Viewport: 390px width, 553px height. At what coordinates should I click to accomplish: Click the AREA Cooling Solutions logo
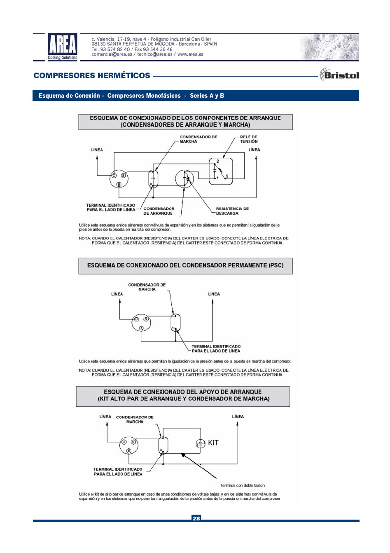[62, 47]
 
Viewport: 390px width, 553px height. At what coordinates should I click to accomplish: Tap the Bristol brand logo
[339, 75]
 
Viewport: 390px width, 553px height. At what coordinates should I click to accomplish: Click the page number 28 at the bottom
[196, 518]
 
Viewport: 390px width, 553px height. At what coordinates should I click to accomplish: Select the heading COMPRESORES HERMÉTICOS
[92, 75]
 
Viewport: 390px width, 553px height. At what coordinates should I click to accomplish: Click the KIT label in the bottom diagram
[213, 443]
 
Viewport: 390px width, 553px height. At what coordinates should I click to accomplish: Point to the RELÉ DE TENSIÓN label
[249, 139]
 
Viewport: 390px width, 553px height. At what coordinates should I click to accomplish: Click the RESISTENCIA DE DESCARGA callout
[232, 211]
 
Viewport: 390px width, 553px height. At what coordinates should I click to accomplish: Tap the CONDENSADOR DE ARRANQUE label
[159, 211]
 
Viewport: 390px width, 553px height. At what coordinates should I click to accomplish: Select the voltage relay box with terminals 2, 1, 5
[221, 171]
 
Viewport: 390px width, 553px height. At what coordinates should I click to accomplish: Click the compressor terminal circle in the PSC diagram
[141, 323]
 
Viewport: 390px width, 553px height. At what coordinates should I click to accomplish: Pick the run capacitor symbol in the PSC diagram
[176, 323]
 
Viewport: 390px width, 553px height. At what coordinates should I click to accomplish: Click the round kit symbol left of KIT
[201, 443]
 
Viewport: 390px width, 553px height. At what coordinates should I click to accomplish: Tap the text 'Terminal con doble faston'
[242, 485]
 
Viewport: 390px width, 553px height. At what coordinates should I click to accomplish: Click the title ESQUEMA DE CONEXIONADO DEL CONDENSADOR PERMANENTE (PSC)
[185, 265]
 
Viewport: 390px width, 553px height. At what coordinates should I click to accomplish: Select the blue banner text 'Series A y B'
[207, 96]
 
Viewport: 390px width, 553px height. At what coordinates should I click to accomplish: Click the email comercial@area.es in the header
[112, 54]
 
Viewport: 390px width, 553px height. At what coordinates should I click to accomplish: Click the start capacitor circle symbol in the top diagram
[184, 179]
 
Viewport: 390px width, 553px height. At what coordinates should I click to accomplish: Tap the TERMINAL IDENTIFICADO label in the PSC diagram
[216, 349]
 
